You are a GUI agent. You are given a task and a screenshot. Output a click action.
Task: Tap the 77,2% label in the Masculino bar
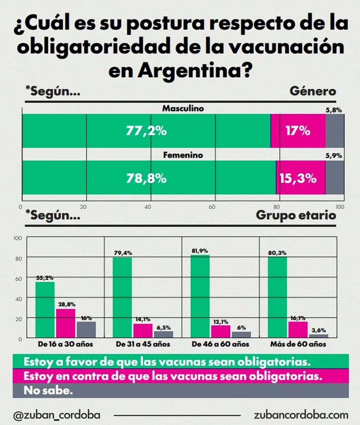146,131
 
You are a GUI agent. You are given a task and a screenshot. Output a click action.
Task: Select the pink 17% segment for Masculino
298,131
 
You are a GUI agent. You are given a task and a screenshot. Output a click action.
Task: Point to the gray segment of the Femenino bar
335,178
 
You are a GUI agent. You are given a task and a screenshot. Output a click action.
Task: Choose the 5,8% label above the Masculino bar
333,110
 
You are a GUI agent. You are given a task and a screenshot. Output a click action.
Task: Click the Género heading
313,91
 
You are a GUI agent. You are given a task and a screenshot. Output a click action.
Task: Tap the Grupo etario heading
296,215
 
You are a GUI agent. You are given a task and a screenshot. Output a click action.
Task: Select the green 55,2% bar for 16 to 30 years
45,310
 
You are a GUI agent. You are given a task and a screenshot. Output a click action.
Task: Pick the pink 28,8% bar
65,323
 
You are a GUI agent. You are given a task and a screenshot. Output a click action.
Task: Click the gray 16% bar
86,330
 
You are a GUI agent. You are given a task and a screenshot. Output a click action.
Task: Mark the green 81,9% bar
200,296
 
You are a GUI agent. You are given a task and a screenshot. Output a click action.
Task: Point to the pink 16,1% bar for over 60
298,329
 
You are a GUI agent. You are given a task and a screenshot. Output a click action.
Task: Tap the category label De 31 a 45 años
143,344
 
